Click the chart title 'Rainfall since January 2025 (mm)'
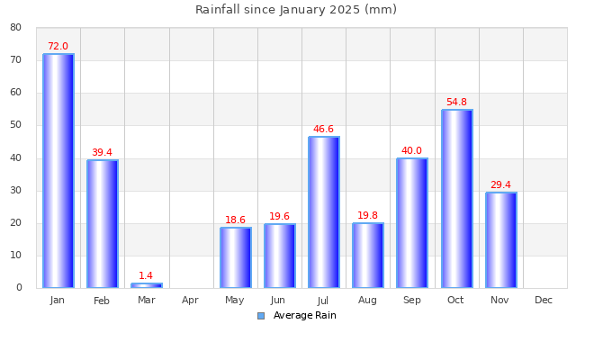tap(296, 10)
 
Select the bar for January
tap(58, 171)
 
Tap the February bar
tap(102, 224)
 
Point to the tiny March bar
tap(146, 285)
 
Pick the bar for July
tap(323, 212)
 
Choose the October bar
tap(456, 199)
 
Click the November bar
tap(500, 240)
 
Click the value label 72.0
tap(58, 47)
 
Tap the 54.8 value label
tap(456, 103)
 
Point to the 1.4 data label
tap(146, 276)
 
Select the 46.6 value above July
tap(323, 130)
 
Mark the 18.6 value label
tap(235, 220)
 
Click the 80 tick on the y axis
tap(16, 27)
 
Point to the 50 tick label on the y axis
tap(16, 125)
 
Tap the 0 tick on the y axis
tap(19, 288)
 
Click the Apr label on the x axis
tap(190, 301)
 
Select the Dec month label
tap(544, 301)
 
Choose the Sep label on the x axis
tap(411, 301)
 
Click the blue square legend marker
tap(261, 316)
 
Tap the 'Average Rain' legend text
tap(304, 316)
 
